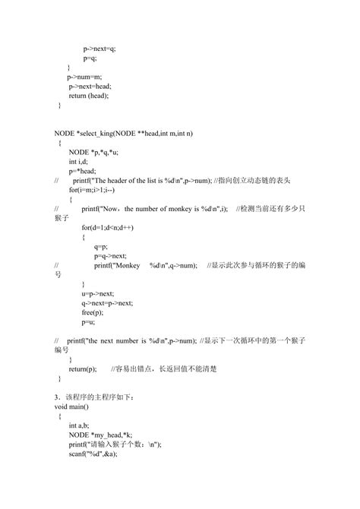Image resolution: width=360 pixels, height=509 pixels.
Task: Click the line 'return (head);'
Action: [89, 96]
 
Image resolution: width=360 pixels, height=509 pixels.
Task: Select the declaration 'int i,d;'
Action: [78, 162]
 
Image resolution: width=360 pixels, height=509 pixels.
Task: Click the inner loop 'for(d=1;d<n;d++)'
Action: [111, 227]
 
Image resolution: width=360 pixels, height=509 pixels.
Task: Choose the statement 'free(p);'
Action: [93, 311]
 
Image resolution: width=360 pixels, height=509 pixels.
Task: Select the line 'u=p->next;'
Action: [97, 292]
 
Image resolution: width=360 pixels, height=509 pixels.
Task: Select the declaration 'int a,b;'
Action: [79, 425]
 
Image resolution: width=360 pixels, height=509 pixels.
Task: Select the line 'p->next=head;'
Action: [89, 87]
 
